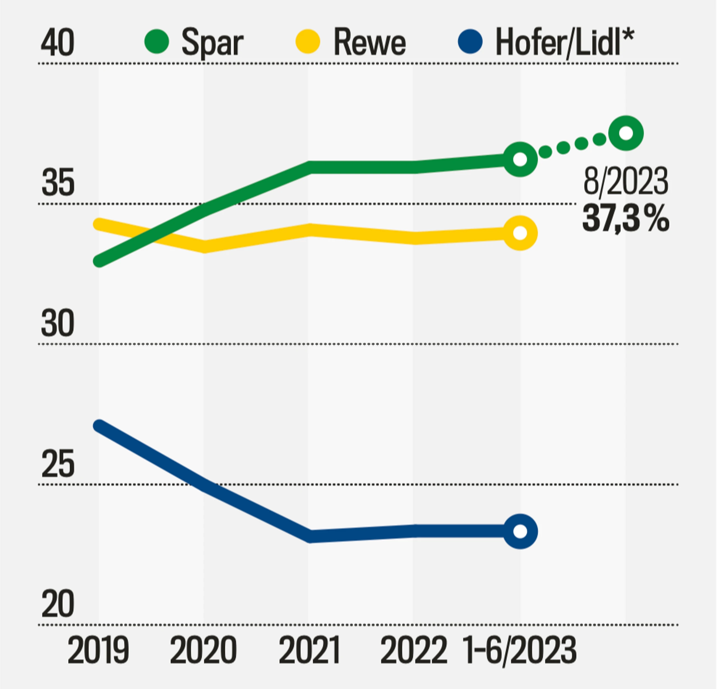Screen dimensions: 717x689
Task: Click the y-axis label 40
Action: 57,43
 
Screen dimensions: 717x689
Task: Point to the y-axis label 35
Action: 58,182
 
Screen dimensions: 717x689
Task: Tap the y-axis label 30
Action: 58,323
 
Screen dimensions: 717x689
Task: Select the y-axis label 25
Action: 58,464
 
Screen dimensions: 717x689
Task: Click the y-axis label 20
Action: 58,604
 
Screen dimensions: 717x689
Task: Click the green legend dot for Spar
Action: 157,41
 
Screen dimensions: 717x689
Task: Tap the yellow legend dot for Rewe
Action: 308,41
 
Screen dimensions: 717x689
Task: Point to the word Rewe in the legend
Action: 370,43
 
